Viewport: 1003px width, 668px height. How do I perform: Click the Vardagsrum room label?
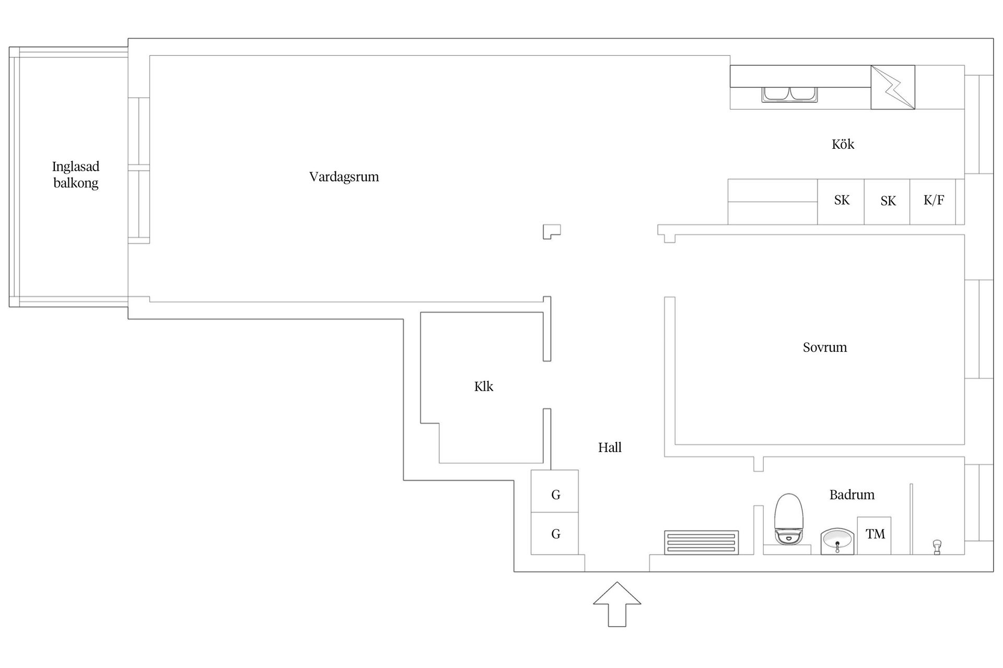(344, 176)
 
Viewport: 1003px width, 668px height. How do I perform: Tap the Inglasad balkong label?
(76, 174)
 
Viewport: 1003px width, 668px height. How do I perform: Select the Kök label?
(843, 144)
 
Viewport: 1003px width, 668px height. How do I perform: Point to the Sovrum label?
(824, 347)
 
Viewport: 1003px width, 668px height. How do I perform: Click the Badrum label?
(852, 494)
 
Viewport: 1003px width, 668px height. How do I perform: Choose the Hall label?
(610, 447)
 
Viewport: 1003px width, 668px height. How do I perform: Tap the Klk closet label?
(483, 386)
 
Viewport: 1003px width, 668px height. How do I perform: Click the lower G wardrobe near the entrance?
(555, 533)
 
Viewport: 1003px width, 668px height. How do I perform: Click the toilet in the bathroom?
(788, 519)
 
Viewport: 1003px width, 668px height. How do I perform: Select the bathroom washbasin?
(837, 541)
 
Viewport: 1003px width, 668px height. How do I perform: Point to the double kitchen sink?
(790, 94)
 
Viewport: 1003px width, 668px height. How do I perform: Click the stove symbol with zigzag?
(892, 87)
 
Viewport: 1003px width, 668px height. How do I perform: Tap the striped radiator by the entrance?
(701, 542)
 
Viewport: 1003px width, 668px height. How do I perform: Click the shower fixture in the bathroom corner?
(937, 547)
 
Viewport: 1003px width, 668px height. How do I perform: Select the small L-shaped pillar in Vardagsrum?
(551, 231)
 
